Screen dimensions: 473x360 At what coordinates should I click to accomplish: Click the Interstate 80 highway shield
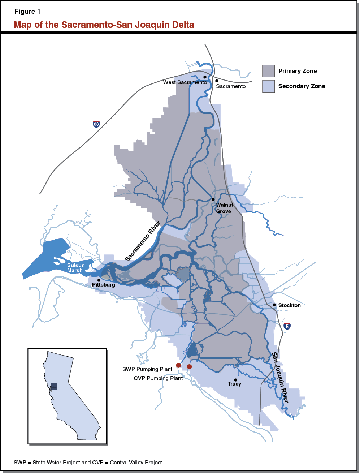(96, 124)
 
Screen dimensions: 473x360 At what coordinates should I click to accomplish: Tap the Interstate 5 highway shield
(287, 326)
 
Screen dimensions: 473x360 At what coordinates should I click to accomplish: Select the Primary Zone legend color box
(268, 71)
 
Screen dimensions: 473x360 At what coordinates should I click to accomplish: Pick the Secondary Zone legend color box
(268, 86)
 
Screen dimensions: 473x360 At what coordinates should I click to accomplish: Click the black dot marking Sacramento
(217, 81)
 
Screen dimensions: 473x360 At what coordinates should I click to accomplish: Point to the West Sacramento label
(185, 82)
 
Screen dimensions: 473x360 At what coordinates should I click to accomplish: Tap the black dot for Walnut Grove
(213, 199)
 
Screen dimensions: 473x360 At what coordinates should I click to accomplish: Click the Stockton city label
(289, 305)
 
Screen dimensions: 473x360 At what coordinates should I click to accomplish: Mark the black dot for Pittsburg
(99, 280)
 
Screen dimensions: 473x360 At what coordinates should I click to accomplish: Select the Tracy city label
(234, 384)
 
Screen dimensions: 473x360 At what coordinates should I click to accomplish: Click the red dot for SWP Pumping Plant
(178, 365)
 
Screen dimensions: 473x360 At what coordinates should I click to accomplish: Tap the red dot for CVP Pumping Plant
(189, 367)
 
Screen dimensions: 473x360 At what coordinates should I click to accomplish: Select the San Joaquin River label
(280, 377)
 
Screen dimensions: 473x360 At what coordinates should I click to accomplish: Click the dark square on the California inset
(54, 386)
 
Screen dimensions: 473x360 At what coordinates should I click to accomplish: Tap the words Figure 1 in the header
(27, 12)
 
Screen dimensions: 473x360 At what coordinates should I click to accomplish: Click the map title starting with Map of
(104, 25)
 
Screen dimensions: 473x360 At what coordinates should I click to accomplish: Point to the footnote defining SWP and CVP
(88, 462)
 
